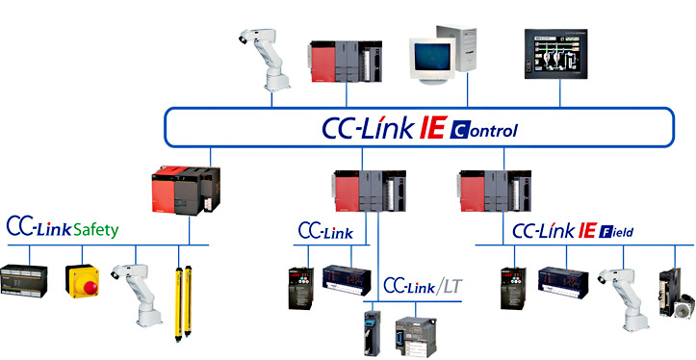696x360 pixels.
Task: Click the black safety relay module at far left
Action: tap(27, 282)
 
